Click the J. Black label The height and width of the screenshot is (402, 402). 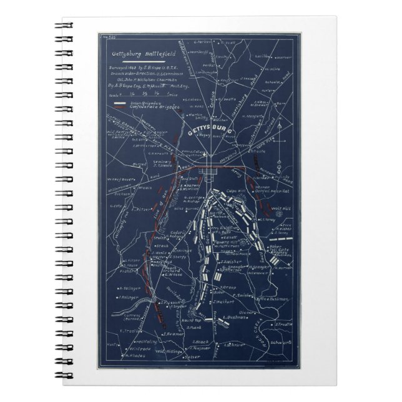point(200,342)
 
